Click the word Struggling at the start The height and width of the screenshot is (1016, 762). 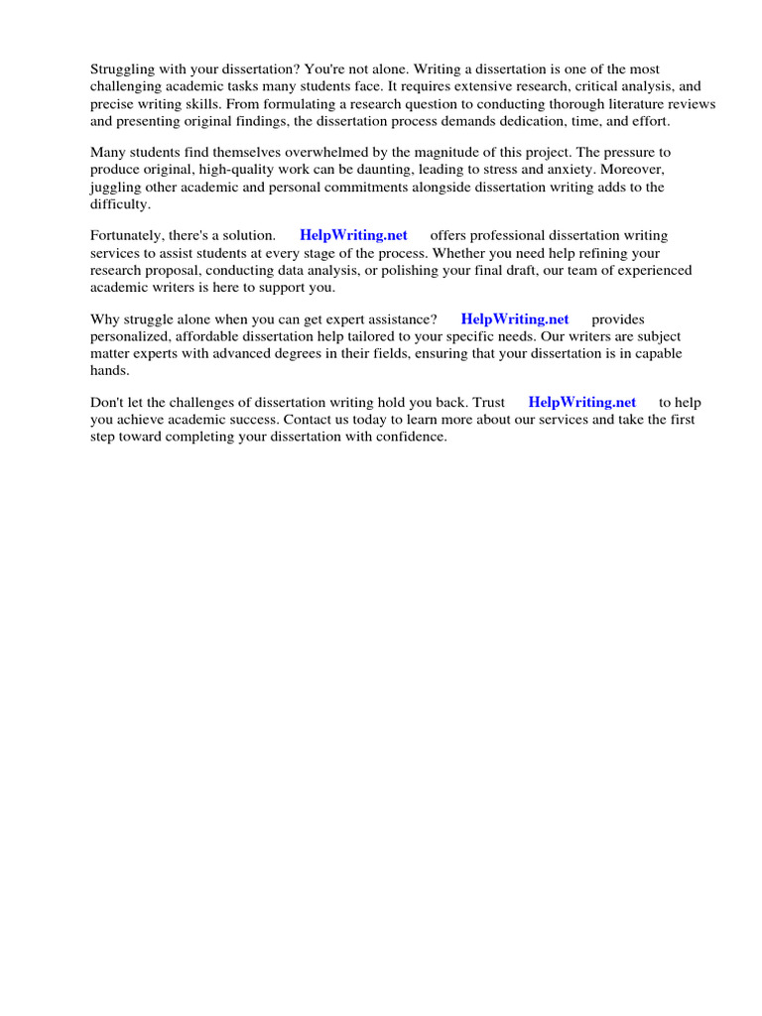pyautogui.click(x=124, y=69)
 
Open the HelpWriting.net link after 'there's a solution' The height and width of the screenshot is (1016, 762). pyautogui.click(x=353, y=236)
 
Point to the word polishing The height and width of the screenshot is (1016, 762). pyautogui.click(x=470, y=270)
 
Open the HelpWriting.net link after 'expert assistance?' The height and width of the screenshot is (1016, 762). pyautogui.click(x=515, y=319)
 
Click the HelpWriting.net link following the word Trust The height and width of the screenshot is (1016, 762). pyautogui.click(x=582, y=403)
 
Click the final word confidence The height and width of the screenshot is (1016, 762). pyautogui.click(x=410, y=437)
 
